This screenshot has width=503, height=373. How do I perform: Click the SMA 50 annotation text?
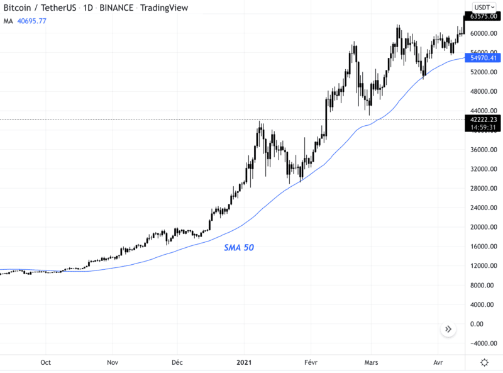(x=239, y=248)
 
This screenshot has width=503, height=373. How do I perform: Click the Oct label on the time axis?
(x=45, y=362)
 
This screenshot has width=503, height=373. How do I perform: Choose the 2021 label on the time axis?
(x=244, y=362)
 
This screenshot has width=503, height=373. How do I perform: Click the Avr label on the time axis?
(x=438, y=362)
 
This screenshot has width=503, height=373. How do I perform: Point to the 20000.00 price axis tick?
(x=483, y=227)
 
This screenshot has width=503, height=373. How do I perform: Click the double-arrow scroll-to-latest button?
(x=448, y=329)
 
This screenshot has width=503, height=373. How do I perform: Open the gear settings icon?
(x=485, y=362)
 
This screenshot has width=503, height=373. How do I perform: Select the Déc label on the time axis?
(x=178, y=362)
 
